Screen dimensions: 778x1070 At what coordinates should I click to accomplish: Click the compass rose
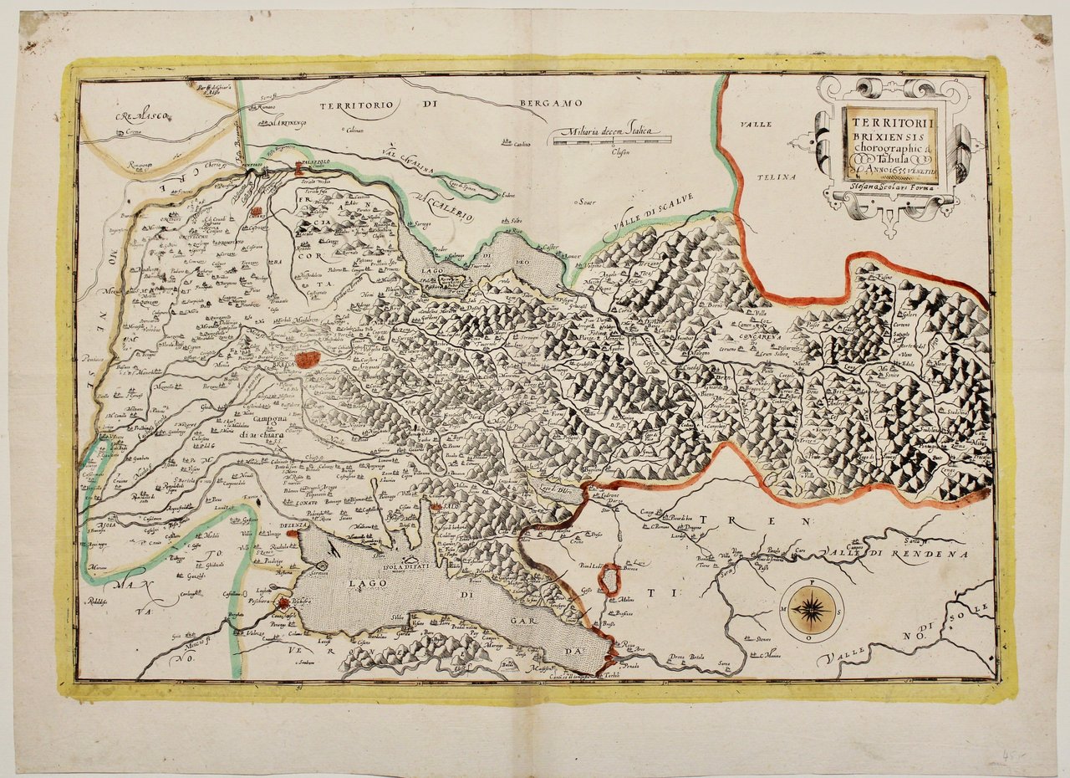coord(811,610)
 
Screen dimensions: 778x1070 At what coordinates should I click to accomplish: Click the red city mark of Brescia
coord(307,360)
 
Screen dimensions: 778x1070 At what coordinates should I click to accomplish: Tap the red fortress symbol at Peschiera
coord(285,601)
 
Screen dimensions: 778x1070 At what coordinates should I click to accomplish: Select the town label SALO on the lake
coord(452,508)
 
